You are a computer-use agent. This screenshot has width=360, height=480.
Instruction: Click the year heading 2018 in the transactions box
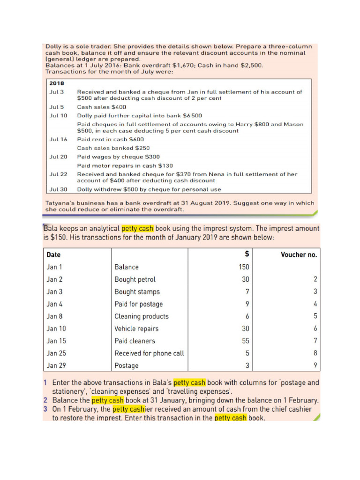(x=57, y=83)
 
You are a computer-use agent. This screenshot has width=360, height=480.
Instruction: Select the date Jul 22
(x=58, y=174)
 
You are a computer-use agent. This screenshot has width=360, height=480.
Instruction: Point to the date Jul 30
(x=58, y=189)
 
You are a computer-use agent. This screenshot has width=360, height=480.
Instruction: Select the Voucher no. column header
(x=299, y=255)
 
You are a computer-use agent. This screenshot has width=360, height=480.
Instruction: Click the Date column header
(x=53, y=255)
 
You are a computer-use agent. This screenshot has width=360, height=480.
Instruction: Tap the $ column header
(x=247, y=255)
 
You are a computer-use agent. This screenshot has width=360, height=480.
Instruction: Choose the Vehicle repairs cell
(x=136, y=329)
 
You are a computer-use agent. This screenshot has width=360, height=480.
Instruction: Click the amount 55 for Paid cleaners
(x=246, y=341)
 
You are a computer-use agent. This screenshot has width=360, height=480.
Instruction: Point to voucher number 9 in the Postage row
(x=315, y=366)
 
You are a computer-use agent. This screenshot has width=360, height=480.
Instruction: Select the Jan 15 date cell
(x=56, y=341)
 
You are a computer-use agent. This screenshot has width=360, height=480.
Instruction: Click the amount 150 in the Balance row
(x=244, y=267)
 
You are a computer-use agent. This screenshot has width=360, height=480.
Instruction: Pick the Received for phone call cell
(x=149, y=353)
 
